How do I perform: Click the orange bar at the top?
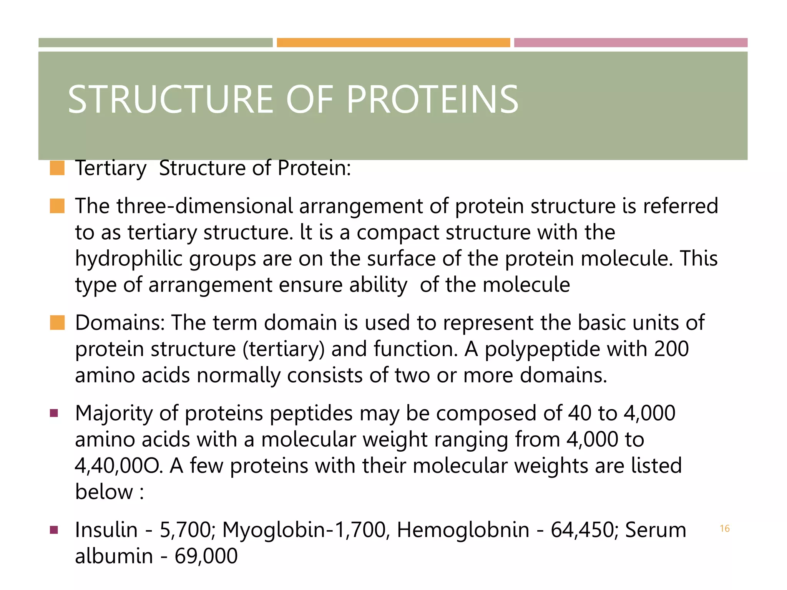[x=393, y=43]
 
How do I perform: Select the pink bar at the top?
[x=631, y=43]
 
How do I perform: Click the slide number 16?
[x=724, y=529]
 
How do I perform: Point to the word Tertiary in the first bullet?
[x=111, y=168]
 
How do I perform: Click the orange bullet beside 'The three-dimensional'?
[x=57, y=206]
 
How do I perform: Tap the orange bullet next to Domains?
[x=57, y=323]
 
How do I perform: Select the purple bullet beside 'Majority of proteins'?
[x=54, y=413]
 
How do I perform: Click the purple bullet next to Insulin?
[x=54, y=530]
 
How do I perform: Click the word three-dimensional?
[x=205, y=206]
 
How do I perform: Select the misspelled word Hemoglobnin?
[x=463, y=530]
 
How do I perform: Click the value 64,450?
[x=583, y=530]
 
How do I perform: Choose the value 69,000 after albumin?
[x=206, y=556]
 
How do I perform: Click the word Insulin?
[x=106, y=530]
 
